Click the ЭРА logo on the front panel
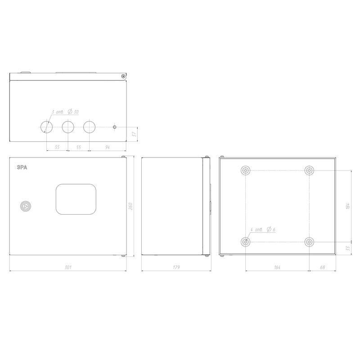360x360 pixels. (x=22, y=167)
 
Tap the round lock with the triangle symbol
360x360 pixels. (x=26, y=206)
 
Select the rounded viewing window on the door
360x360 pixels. (x=76, y=199)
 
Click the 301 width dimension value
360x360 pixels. (x=68, y=267)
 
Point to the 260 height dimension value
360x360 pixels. (x=130, y=206)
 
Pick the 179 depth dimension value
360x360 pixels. (x=176, y=267)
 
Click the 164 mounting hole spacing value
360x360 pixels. (x=277, y=267)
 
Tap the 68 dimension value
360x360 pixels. (x=322, y=267)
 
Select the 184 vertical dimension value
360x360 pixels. (x=347, y=206)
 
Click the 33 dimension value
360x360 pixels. (x=347, y=248)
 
